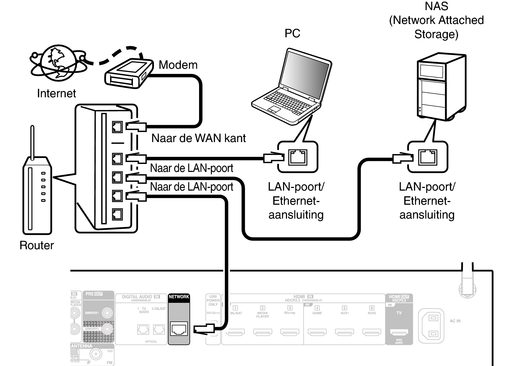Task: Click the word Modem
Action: [x=178, y=65]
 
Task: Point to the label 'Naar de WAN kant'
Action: [x=198, y=138]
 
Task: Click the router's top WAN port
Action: [x=117, y=127]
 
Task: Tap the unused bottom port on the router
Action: [x=117, y=214]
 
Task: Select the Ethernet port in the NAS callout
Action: [x=428, y=157]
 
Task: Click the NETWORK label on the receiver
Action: [x=179, y=297]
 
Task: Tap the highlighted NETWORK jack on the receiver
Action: [x=179, y=329]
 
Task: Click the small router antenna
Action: [x=32, y=143]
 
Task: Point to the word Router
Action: [x=37, y=245]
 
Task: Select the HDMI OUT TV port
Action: [x=399, y=332]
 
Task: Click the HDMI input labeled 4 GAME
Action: [x=317, y=332]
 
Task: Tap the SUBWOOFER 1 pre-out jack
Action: [x=107, y=313]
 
